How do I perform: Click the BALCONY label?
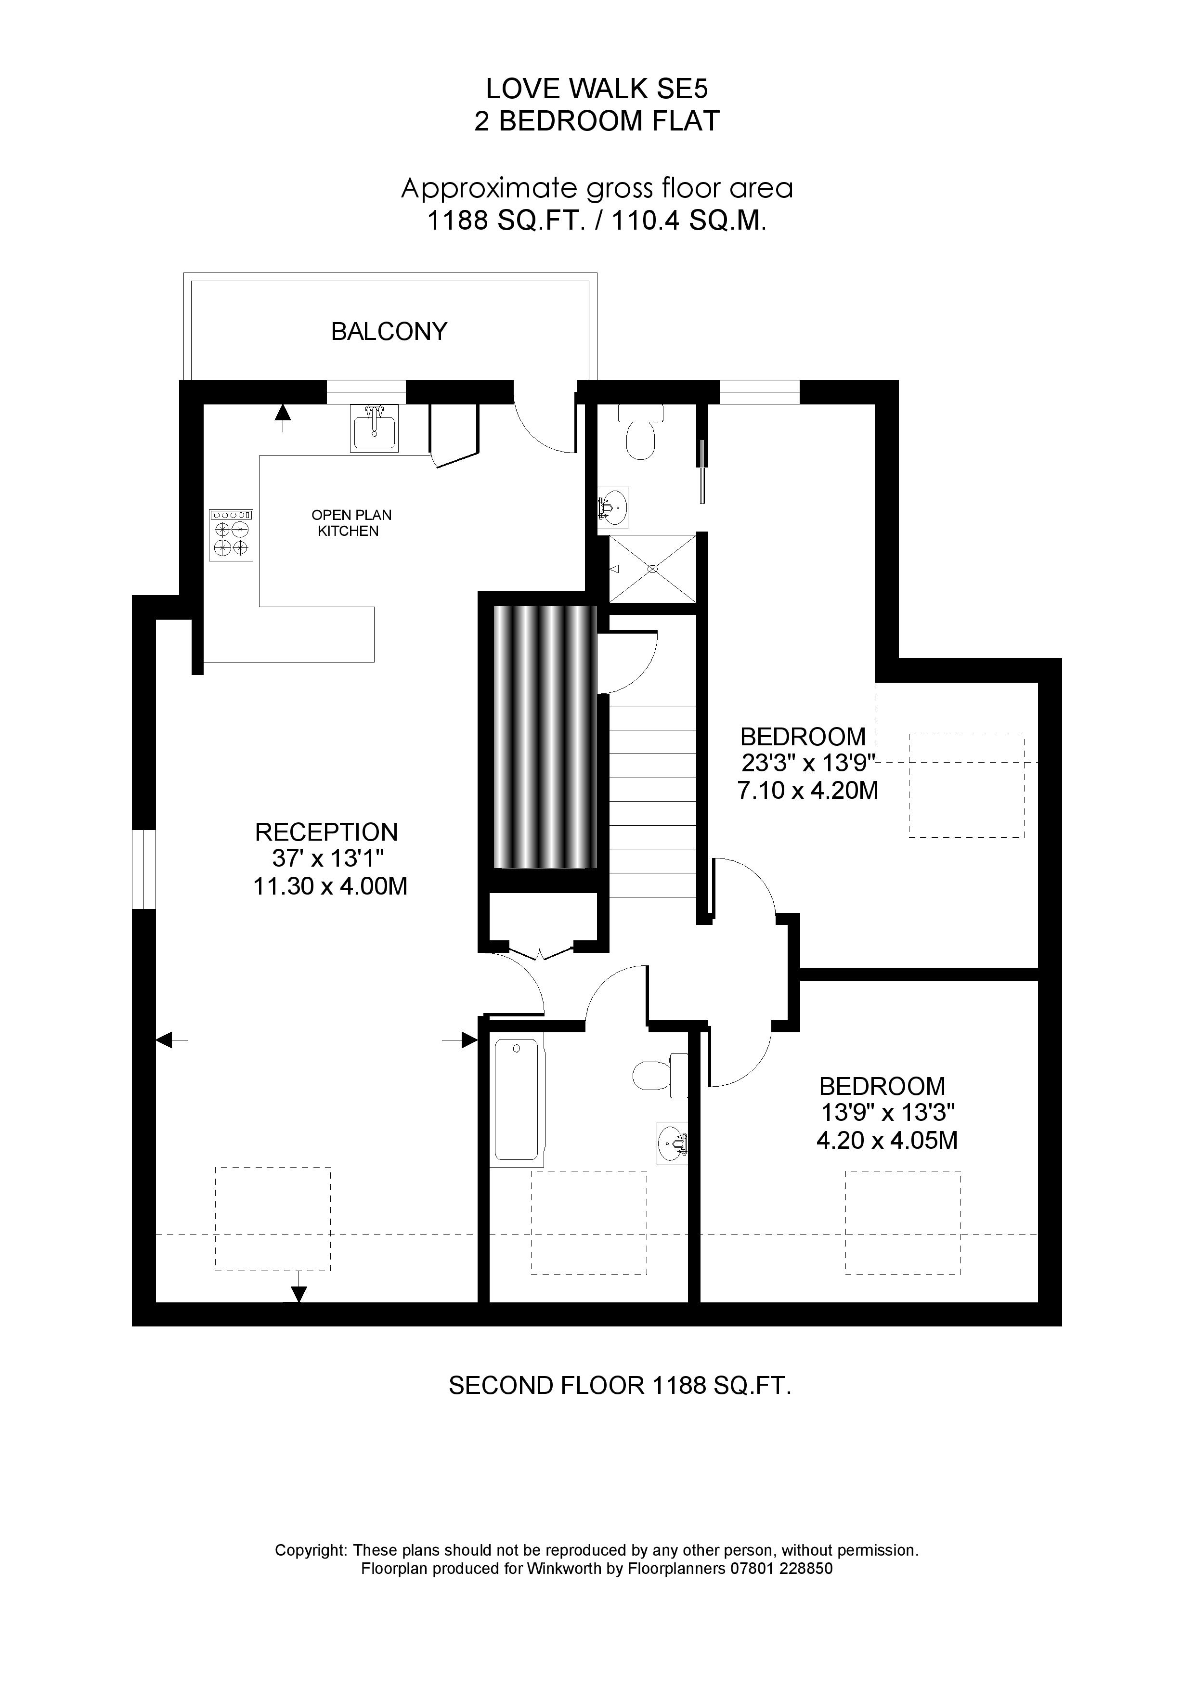pos(389,332)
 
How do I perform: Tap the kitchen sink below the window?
pos(375,429)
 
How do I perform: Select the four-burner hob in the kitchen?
pos(231,535)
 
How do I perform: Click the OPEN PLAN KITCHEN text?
pos(350,523)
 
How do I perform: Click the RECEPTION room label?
pos(326,832)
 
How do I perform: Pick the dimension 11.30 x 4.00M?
pos(330,886)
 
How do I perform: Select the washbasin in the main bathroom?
pos(672,1143)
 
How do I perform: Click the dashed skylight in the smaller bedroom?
pos(903,1222)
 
